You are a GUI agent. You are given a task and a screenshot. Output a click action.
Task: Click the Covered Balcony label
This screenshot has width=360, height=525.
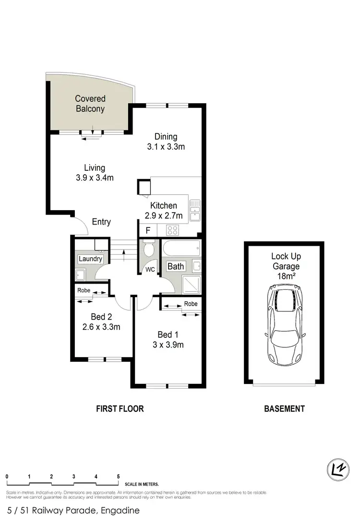pos(90,104)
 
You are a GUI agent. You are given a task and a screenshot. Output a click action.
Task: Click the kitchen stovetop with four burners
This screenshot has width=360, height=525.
pos(172,229)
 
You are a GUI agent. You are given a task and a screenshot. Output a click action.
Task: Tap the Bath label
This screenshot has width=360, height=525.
pos(176,266)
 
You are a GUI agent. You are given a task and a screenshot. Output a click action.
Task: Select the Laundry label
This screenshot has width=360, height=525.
pos(91,259)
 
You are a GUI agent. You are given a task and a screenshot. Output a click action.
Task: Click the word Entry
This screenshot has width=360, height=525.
pos(101,222)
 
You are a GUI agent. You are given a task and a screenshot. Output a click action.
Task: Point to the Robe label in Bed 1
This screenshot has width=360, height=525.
pos(191,304)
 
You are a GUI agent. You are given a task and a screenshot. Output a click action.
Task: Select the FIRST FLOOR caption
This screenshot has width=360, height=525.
pos(120,409)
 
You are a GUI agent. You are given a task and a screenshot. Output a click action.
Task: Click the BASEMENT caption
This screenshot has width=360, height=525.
pos(285,409)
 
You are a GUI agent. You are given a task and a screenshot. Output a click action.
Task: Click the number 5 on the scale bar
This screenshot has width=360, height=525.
pos(118,477)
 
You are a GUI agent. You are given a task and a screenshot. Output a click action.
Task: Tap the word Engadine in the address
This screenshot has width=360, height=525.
pos(120,511)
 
